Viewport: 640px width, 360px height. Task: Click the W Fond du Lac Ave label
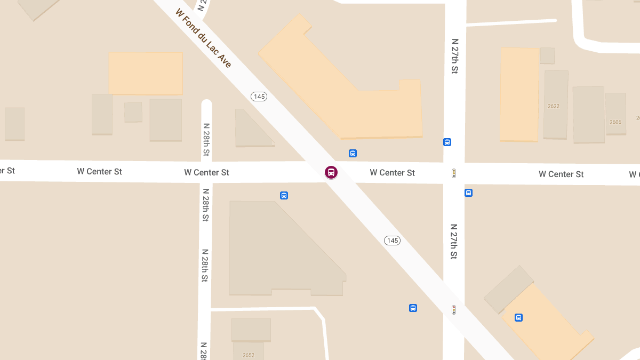pyautogui.click(x=203, y=38)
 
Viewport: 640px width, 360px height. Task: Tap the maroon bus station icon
pyautogui.click(x=331, y=172)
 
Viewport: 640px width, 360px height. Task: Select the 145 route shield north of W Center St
pyautogui.click(x=259, y=97)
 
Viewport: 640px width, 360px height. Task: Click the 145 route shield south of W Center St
pyautogui.click(x=392, y=241)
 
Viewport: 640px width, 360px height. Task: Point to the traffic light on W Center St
pyautogui.click(x=454, y=173)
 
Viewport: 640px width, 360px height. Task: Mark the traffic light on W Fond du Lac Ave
pyautogui.click(x=454, y=309)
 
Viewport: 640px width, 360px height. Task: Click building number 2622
pyautogui.click(x=554, y=106)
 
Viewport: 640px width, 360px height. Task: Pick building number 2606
pyautogui.click(x=615, y=122)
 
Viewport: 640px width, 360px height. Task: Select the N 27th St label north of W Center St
pyautogui.click(x=455, y=55)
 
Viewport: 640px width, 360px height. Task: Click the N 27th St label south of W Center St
pyautogui.click(x=454, y=241)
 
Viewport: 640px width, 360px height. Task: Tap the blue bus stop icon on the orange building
pyautogui.click(x=518, y=317)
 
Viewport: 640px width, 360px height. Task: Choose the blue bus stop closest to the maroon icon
pyautogui.click(x=353, y=153)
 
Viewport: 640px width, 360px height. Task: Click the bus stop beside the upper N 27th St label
pyautogui.click(x=447, y=142)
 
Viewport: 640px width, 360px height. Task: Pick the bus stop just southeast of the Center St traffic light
pyautogui.click(x=468, y=193)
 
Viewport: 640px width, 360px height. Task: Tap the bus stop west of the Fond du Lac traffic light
pyautogui.click(x=413, y=308)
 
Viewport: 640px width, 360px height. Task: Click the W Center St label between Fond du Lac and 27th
pyautogui.click(x=392, y=173)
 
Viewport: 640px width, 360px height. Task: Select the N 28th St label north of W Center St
pyautogui.click(x=206, y=140)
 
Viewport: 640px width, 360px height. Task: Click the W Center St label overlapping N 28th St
pyautogui.click(x=206, y=172)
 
